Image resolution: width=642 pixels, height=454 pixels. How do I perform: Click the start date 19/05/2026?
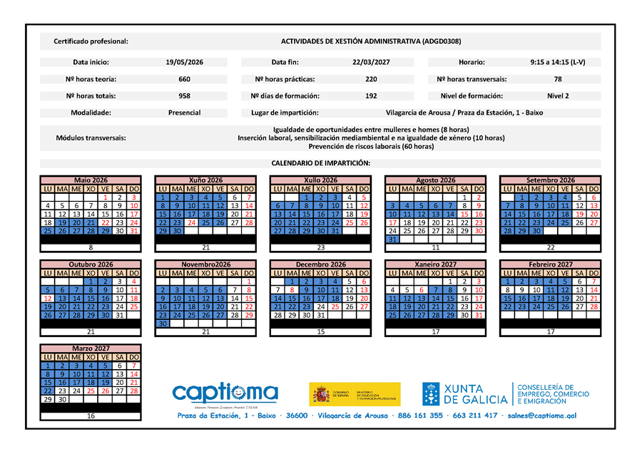(184, 63)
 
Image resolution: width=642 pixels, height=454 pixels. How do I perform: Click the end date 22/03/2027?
(371, 63)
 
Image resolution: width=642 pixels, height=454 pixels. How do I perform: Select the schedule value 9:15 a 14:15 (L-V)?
(557, 63)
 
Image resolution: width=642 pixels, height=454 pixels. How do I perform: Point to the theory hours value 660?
(184, 79)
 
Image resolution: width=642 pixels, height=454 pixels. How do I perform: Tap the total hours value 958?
(184, 96)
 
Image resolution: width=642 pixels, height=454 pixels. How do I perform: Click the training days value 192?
(371, 96)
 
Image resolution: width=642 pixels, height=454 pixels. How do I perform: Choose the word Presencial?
(184, 113)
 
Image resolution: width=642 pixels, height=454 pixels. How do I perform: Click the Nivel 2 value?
(557, 96)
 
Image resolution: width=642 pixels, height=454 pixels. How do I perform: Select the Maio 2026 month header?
(91, 180)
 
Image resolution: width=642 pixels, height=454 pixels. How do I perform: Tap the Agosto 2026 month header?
(435, 180)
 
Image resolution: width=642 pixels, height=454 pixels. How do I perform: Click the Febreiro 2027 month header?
(550, 264)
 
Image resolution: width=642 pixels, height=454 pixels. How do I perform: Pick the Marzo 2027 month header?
(91, 348)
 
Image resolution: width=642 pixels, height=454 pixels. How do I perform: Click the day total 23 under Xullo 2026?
(320, 247)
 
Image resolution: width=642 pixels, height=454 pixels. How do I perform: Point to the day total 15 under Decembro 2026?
(320, 331)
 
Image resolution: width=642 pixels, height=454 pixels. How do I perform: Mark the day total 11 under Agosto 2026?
(435, 247)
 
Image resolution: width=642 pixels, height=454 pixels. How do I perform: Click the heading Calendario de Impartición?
(320, 163)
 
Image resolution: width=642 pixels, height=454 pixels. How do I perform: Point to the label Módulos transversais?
(91, 138)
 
